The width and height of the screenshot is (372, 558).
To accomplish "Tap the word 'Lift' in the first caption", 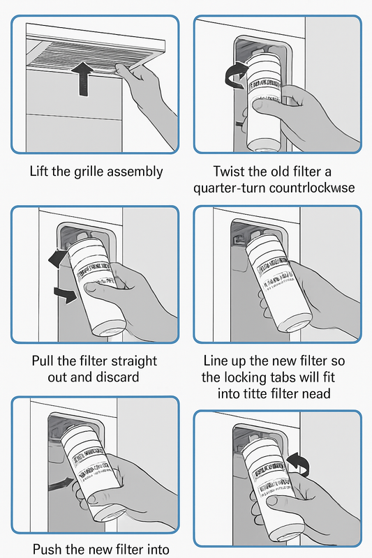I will point(41,172).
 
